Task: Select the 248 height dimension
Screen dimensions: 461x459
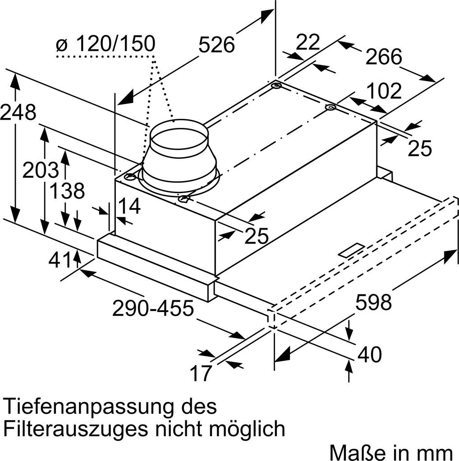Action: [x=18, y=113]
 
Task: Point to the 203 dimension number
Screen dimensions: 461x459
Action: [x=41, y=170]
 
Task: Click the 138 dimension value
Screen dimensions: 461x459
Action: [x=67, y=191]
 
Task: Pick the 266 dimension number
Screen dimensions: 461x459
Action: [x=383, y=57]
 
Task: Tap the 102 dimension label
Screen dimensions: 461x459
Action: [x=383, y=91]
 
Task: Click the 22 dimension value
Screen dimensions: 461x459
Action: [x=308, y=42]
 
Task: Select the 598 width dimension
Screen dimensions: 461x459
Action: [x=373, y=302]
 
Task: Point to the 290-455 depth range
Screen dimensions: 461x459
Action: [x=153, y=308]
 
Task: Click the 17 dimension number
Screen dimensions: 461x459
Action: [x=200, y=373]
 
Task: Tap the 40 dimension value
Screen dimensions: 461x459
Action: [x=369, y=354]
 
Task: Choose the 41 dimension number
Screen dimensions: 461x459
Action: [x=60, y=260]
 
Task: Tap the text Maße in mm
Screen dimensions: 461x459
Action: [x=391, y=451]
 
